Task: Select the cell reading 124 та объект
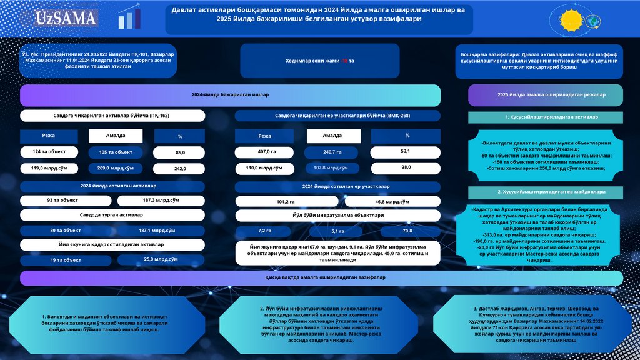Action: tap(49, 152)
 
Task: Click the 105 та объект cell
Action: tap(116, 152)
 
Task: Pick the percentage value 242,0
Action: tap(180, 169)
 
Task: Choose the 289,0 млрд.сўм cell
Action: tap(116, 168)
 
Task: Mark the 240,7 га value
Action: tap(332, 152)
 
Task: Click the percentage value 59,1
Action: tap(405, 151)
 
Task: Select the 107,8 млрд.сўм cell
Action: tap(332, 167)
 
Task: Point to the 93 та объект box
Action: tap(62, 201)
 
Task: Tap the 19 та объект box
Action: tap(66, 260)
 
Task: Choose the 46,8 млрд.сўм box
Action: tap(392, 202)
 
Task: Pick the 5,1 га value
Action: tap(337, 231)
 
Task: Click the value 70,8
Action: tap(407, 231)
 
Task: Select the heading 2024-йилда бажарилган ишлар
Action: tap(230, 95)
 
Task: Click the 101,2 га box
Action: tap(285, 202)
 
